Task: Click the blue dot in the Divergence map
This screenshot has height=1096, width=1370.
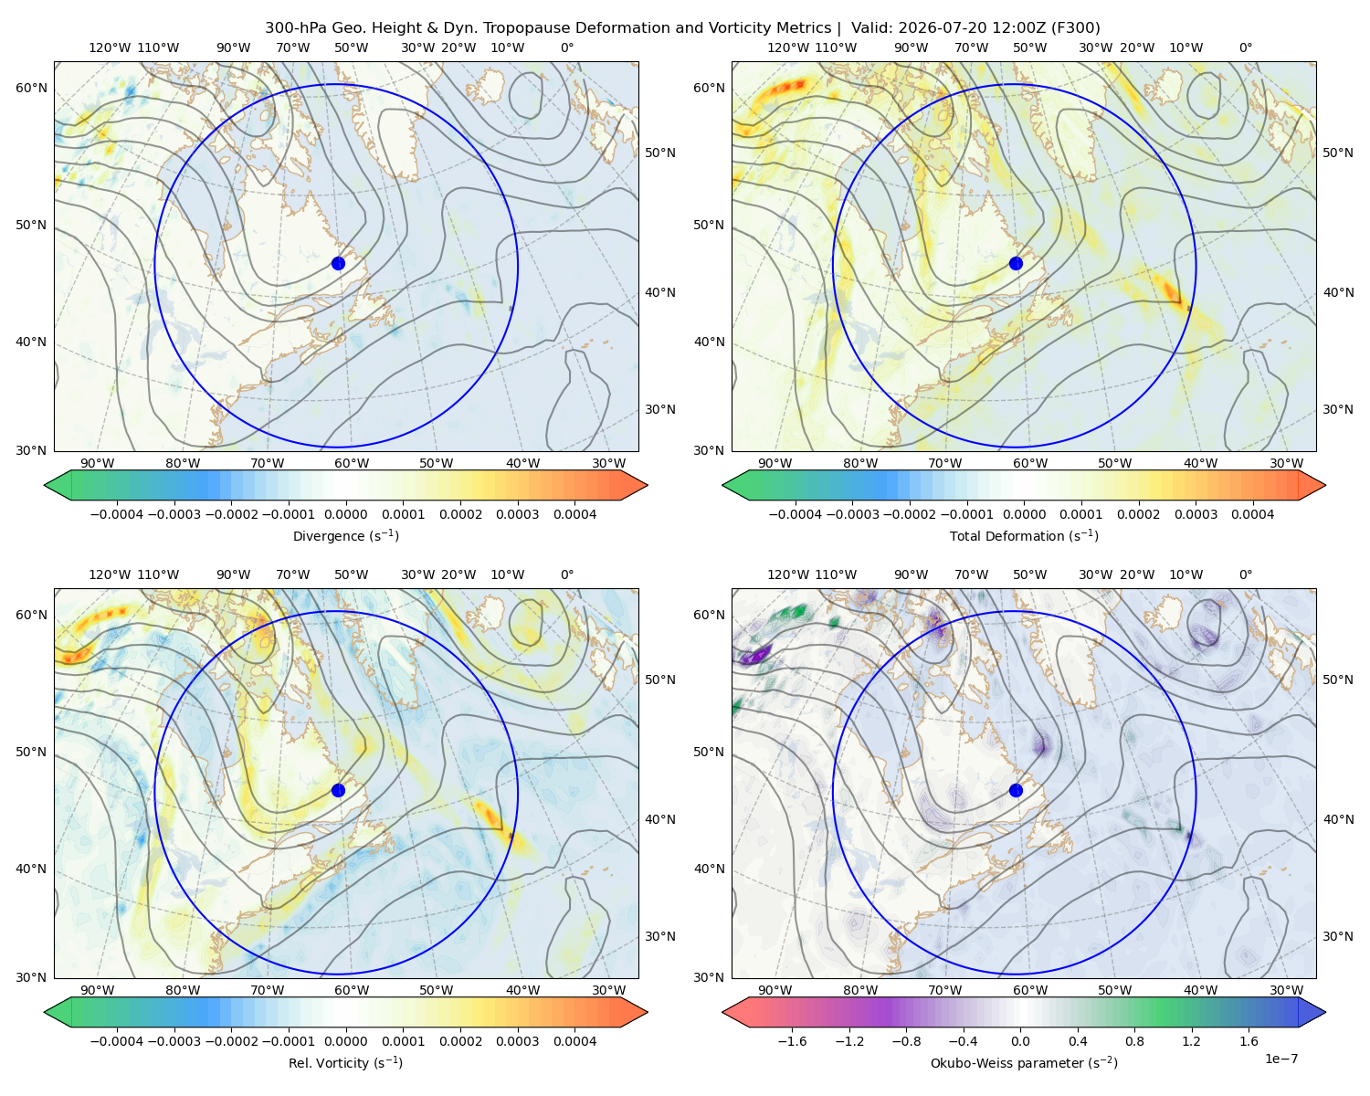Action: coord(338,263)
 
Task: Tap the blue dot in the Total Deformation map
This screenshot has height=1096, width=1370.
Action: coord(1016,263)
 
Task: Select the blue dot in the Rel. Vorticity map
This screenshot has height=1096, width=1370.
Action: coord(338,790)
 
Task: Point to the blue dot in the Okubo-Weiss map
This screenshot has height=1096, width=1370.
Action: coord(1016,790)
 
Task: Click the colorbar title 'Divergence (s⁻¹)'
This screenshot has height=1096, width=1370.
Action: coord(345,535)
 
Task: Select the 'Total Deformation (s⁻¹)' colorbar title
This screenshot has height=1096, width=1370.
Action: coord(1024,535)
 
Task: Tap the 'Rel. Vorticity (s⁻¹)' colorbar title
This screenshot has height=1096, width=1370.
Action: coord(345,1062)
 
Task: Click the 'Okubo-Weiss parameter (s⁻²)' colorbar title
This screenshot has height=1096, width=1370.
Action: coord(1024,1062)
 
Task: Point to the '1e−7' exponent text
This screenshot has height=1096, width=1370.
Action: coord(1280,1059)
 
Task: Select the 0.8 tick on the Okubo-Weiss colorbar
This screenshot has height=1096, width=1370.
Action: coord(1134,1040)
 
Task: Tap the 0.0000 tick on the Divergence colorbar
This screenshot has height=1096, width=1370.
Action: coord(345,514)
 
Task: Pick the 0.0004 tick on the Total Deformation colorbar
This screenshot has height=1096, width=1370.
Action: coord(1252,514)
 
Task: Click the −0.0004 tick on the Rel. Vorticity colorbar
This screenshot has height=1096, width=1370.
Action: coord(117,1040)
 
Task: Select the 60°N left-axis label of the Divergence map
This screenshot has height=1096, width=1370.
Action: coord(31,88)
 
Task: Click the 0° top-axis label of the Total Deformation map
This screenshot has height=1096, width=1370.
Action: coord(1246,47)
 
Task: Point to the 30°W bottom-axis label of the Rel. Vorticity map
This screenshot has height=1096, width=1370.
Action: coord(608,990)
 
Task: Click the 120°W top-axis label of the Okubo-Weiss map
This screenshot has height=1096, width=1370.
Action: coord(788,574)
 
